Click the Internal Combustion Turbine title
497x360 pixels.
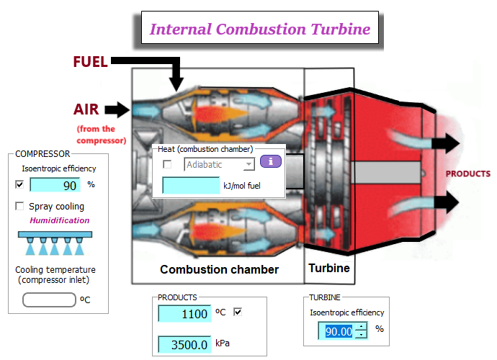(x=259, y=30)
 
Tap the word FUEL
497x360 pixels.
(x=90, y=62)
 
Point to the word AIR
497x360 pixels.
(x=86, y=109)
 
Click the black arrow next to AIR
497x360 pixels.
(x=116, y=109)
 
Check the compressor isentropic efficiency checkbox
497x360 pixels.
(x=19, y=184)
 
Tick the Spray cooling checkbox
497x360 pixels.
(x=19, y=207)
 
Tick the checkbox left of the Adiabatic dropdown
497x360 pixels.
(x=167, y=165)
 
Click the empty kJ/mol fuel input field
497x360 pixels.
(x=192, y=185)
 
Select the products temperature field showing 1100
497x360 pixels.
(x=184, y=314)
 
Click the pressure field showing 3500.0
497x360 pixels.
(x=184, y=344)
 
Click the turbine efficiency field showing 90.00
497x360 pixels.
(x=337, y=331)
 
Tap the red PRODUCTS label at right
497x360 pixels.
(x=467, y=174)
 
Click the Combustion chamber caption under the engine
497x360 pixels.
(x=219, y=269)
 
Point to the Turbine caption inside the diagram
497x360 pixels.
(x=329, y=268)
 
